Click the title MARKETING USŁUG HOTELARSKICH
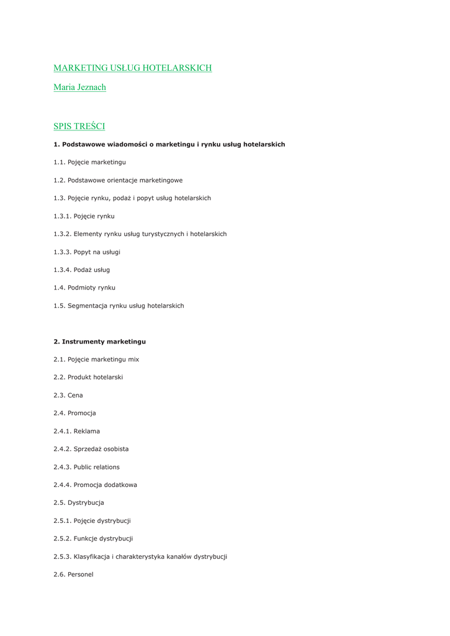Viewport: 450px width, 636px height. coord(132,68)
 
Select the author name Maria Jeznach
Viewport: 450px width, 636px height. coord(79,87)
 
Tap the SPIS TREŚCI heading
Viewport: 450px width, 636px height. coord(79,126)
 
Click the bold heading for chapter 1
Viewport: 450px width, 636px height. coord(169,144)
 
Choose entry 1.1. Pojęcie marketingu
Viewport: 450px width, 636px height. coord(89,162)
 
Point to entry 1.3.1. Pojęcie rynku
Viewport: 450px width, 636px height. coord(84,216)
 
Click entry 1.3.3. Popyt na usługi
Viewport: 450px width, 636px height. coord(87,252)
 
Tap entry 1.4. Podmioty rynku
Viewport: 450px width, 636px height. coord(84,288)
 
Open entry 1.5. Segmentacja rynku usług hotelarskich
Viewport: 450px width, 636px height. coord(119,306)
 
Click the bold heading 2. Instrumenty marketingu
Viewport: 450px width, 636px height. coord(99,342)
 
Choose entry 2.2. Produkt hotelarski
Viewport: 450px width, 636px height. coord(88,377)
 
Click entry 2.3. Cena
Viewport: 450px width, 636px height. coord(68,395)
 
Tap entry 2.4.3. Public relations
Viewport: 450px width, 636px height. coord(86,467)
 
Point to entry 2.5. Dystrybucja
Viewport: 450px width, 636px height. coord(79,502)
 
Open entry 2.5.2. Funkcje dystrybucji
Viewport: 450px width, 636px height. coord(93,538)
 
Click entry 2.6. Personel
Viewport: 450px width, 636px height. coord(73,575)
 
